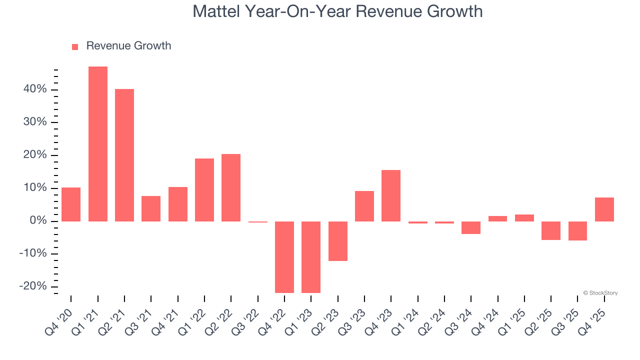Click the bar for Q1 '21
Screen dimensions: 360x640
tap(98, 144)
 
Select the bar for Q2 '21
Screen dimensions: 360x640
tap(124, 155)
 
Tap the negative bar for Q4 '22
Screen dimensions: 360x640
tap(284, 257)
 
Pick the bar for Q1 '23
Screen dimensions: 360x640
tap(311, 257)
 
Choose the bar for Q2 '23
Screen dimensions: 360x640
tap(338, 241)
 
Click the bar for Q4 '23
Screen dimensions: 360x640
tap(391, 195)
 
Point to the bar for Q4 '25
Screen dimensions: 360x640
tap(604, 209)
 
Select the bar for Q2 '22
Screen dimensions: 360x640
tap(231, 187)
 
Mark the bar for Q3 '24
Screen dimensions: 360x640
tap(471, 227)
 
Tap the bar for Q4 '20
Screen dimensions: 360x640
tap(71, 204)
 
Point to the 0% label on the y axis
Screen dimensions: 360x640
tap(38, 221)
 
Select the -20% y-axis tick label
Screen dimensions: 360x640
tap(32, 286)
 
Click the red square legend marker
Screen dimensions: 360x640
tap(75, 46)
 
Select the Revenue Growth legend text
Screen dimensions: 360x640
tap(128, 46)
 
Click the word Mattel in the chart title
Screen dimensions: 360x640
tap(215, 11)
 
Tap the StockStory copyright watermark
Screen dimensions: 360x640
tap(600, 293)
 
